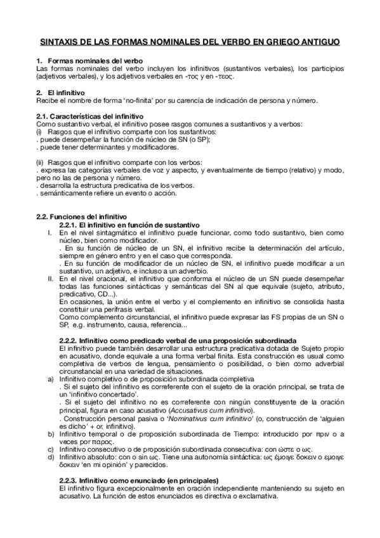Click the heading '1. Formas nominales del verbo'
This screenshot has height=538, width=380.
[x=84, y=60]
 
